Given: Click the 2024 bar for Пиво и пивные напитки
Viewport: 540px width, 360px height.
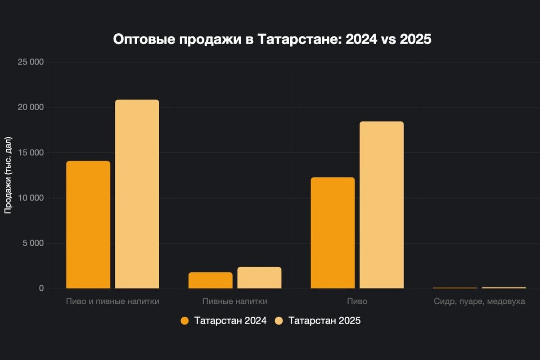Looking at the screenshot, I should coord(88,225).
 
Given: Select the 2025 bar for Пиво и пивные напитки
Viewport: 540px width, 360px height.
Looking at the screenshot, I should coord(137,194).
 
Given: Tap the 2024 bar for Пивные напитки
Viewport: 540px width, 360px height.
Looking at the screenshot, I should coord(211,280).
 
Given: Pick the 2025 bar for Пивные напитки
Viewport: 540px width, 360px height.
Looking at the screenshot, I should coord(259,278).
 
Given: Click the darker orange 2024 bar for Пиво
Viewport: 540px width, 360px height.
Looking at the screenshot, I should coord(333,233).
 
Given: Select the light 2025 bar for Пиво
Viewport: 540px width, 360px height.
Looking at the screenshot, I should coord(382,205).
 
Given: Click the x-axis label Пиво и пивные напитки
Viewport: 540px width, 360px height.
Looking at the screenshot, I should coord(112,301).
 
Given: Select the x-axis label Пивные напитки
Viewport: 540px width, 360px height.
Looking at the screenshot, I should coord(235,301).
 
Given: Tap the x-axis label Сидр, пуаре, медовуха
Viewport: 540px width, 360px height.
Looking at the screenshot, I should coord(479,301).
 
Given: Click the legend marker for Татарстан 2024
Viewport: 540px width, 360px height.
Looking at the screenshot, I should coord(184,321).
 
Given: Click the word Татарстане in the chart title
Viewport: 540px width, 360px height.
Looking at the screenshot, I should coord(299,39).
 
